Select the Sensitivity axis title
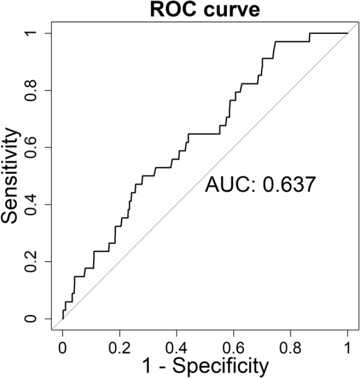pos(13,175)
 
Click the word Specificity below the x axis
pos(219,365)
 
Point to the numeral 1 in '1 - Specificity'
pos(148,365)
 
